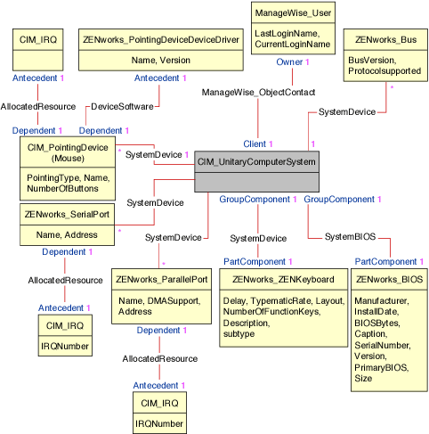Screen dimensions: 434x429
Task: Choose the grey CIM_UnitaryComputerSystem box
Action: pos(255,170)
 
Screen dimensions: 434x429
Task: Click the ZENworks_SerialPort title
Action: pos(67,214)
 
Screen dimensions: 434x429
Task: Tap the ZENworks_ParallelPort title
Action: pos(162,279)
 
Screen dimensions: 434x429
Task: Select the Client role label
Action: pos(259,143)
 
